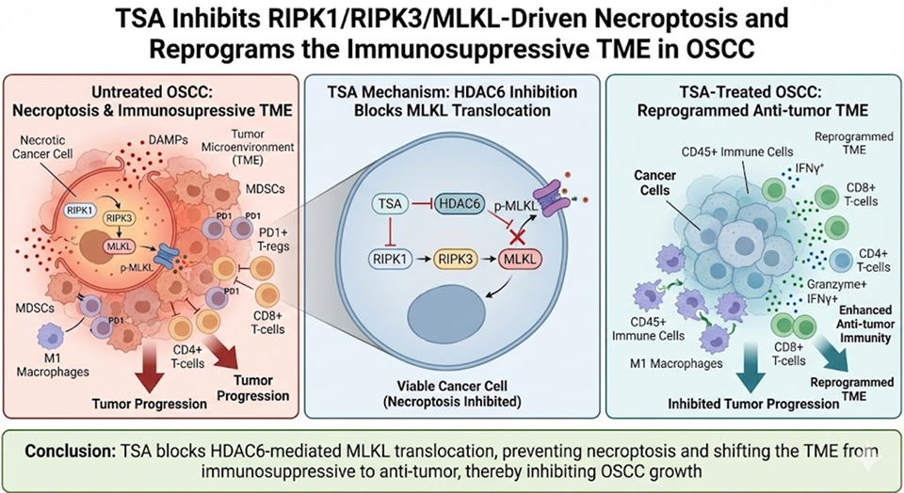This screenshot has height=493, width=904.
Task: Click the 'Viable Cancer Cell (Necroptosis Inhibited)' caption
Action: point(452,394)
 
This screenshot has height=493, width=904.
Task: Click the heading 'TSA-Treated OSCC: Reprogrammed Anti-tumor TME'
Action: point(742,100)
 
